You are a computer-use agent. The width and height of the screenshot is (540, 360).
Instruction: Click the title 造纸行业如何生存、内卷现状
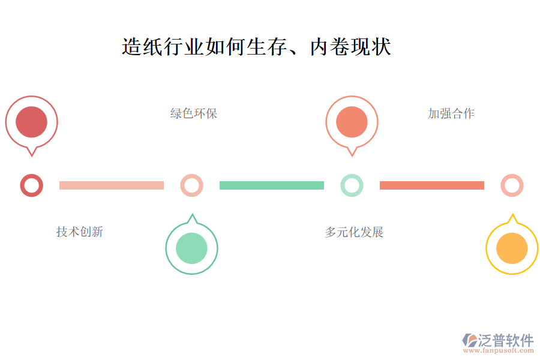[256, 47]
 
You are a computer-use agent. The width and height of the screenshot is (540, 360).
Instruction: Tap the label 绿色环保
[193, 113]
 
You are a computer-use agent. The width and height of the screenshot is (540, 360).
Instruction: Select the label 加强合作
[451, 113]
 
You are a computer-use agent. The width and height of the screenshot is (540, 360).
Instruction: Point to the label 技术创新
[79, 232]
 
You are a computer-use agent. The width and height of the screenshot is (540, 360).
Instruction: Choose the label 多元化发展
[354, 232]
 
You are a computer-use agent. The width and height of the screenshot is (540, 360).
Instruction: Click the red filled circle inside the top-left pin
[31, 121]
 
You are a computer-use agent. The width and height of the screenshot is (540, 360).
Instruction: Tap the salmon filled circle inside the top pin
[352, 121]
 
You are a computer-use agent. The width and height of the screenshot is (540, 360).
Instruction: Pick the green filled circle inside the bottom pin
[191, 248]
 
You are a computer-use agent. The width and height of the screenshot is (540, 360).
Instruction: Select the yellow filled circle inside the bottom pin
[512, 248]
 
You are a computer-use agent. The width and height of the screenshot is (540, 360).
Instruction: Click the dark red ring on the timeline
[31, 185]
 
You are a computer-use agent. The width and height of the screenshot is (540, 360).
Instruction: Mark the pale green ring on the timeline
[352, 185]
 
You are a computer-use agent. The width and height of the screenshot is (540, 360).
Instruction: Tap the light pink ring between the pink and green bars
[191, 185]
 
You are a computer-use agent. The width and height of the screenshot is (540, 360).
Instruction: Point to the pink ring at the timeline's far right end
[512, 185]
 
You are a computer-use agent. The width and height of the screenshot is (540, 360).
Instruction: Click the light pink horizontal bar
[112, 185]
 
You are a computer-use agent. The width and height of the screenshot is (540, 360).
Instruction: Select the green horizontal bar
[272, 185]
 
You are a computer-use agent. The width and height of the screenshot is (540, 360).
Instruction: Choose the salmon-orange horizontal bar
[432, 185]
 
